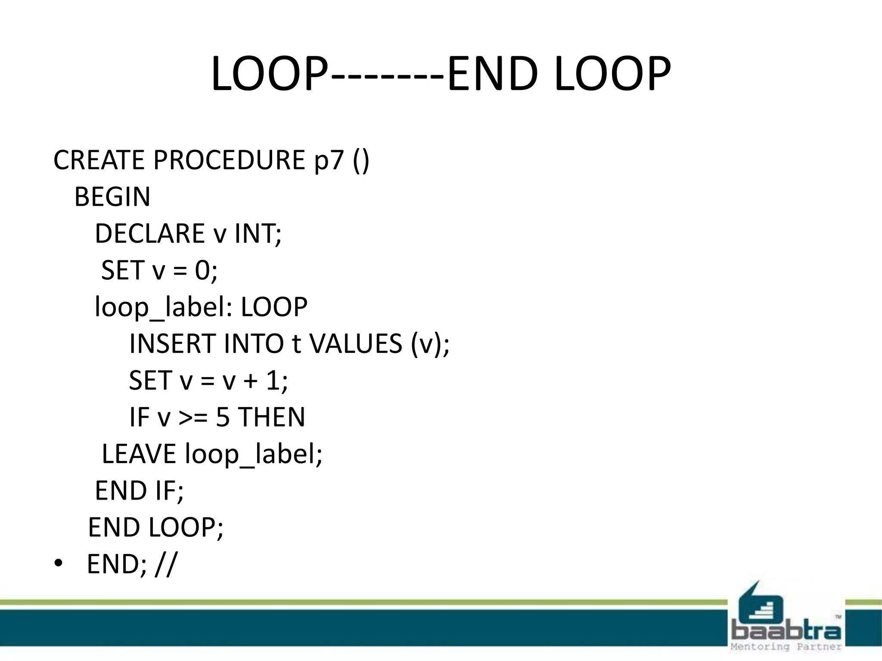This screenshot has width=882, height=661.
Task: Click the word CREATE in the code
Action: [99, 160]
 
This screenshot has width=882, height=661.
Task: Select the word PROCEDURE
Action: [229, 160]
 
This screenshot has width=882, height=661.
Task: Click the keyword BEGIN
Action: [112, 197]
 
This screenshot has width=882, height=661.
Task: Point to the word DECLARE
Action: [149, 234]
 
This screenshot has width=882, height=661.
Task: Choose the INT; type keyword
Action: [258, 234]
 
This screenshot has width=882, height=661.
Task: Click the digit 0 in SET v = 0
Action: [203, 271]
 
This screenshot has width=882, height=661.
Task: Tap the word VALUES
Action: [356, 344]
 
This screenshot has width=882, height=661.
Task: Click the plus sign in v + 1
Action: [250, 381]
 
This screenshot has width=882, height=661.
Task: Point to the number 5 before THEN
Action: [223, 417]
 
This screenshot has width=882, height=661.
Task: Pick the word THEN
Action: [272, 417]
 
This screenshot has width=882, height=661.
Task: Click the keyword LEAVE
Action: [139, 454]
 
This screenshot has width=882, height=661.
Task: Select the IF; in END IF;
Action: [169, 491]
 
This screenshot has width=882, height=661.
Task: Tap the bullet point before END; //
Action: [58, 563]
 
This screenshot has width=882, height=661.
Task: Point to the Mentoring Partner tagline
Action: [786, 647]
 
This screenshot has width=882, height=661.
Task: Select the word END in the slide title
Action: [493, 74]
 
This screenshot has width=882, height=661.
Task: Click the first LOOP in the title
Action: [269, 74]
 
